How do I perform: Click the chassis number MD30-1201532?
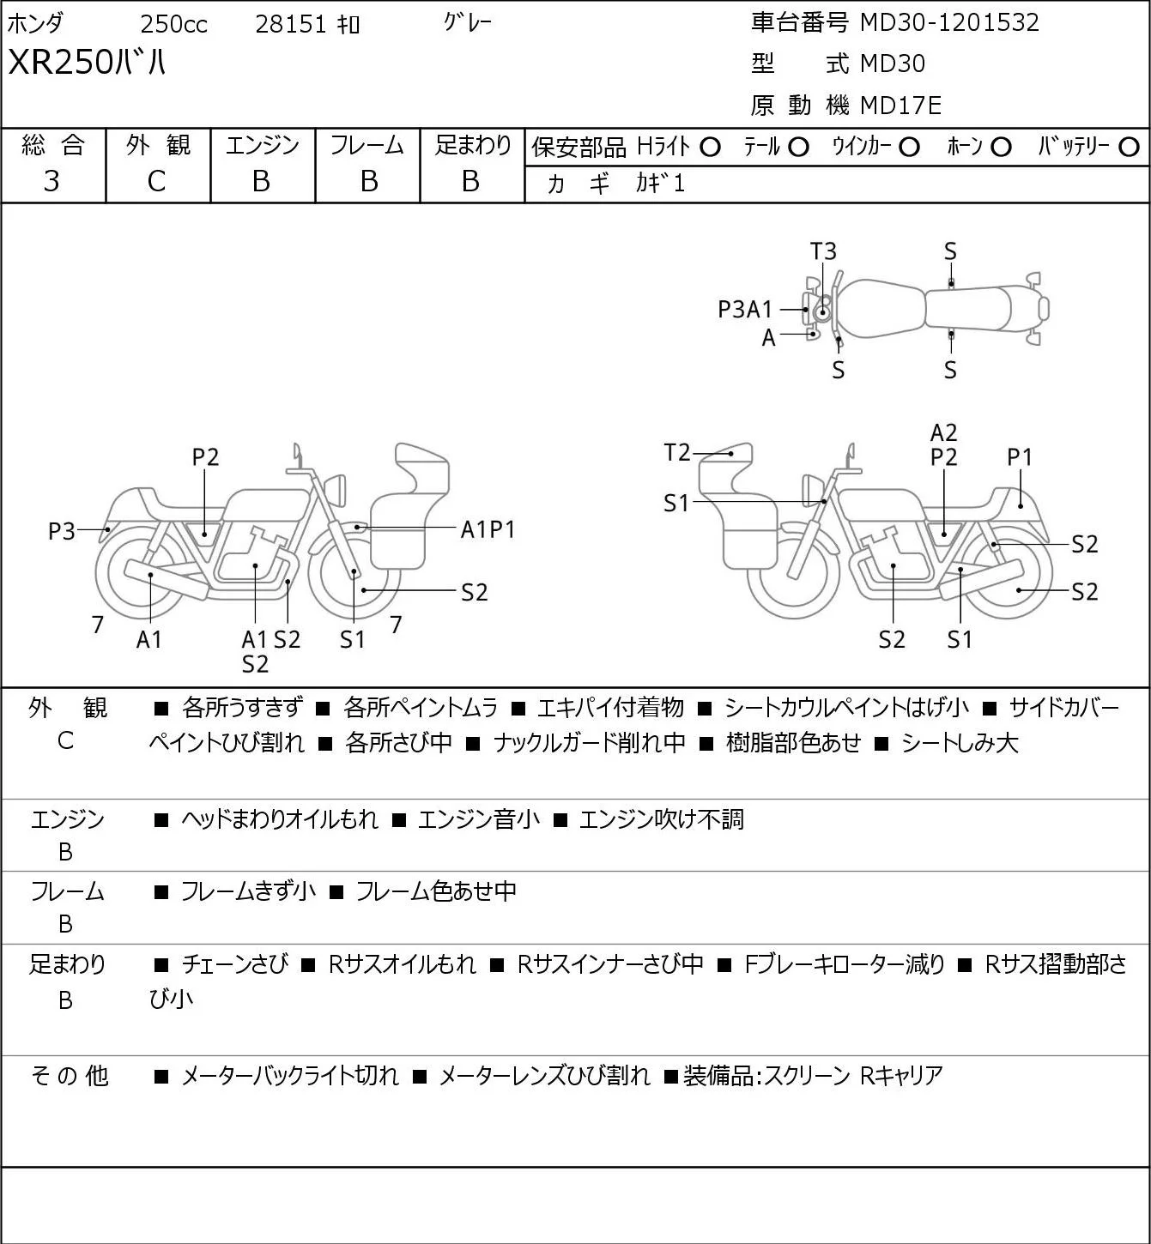coord(949,22)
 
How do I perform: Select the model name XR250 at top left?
coord(60,63)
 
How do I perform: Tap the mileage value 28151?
coord(291,24)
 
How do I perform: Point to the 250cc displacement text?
coord(173,24)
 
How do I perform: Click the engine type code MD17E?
coord(901,106)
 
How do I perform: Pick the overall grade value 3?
coord(51,181)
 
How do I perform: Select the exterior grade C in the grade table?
coord(156,181)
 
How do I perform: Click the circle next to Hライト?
coord(710,148)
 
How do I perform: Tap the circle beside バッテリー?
coord(1129,148)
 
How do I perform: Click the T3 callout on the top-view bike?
coord(823,251)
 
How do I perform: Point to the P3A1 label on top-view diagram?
coord(745,309)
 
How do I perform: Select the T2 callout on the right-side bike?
coord(677,451)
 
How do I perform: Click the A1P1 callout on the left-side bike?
coord(488,530)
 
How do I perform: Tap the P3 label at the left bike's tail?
coord(62,531)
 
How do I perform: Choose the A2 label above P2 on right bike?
coord(943,432)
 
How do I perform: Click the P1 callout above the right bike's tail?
coord(1020,457)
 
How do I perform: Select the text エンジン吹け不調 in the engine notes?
coord(661,818)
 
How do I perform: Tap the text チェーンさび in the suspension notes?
coord(235,964)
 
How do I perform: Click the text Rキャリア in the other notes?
coord(901,1076)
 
